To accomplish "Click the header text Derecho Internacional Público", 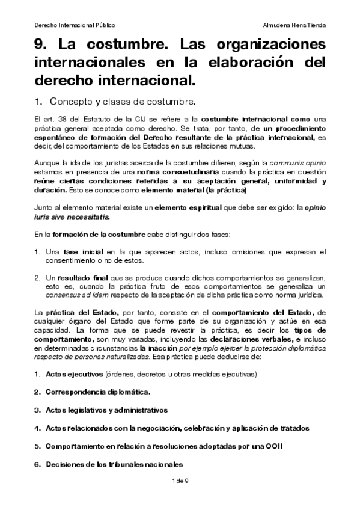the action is point(75,25).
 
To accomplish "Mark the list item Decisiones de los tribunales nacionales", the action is point(114,464).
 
